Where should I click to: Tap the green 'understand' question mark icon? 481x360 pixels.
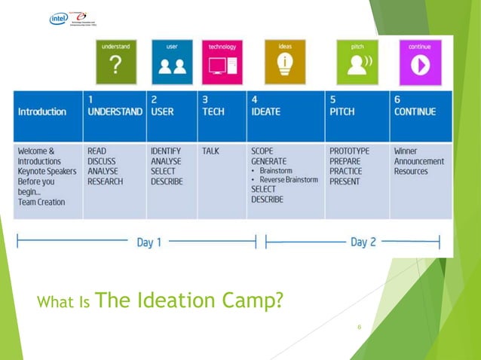[115, 63]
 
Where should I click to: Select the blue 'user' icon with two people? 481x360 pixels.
[172, 63]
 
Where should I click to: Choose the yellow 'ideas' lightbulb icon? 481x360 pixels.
[285, 63]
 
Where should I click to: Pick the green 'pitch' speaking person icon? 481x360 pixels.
[357, 63]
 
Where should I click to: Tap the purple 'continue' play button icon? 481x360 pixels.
[419, 63]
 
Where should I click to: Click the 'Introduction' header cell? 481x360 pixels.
[41, 112]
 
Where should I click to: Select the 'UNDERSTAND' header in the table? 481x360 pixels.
[115, 112]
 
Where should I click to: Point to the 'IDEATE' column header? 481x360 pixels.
[266, 112]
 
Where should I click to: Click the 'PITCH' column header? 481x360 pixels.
[342, 112]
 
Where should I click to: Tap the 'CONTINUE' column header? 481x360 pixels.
[415, 112]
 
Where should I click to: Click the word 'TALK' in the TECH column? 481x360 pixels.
[210, 151]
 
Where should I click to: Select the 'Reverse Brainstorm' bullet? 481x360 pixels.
[289, 180]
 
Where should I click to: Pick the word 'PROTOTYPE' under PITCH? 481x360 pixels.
[349, 151]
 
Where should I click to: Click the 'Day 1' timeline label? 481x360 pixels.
[149, 243]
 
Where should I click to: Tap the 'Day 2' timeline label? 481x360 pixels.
[363, 243]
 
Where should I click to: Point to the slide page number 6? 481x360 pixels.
[360, 327]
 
